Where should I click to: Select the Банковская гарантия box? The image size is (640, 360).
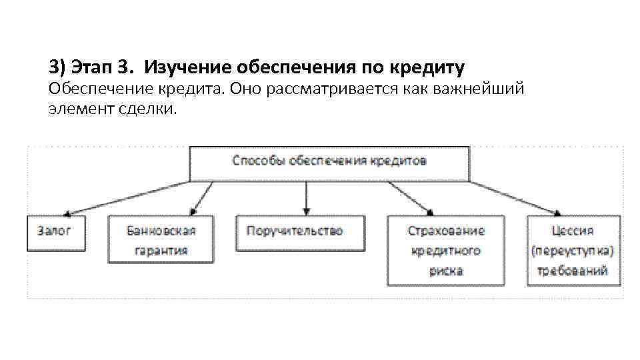tap(161, 240)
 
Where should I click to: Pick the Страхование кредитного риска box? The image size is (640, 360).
tap(446, 251)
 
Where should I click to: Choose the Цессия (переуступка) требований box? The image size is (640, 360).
tap(573, 251)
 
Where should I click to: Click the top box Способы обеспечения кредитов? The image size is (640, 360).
tap(329, 162)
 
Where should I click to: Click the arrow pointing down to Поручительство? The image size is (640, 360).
tap(306, 198)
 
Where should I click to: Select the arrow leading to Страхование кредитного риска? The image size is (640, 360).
tap(408, 198)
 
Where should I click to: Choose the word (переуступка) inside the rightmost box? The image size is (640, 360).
tap(573, 251)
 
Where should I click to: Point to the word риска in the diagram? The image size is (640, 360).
tap(446, 271)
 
